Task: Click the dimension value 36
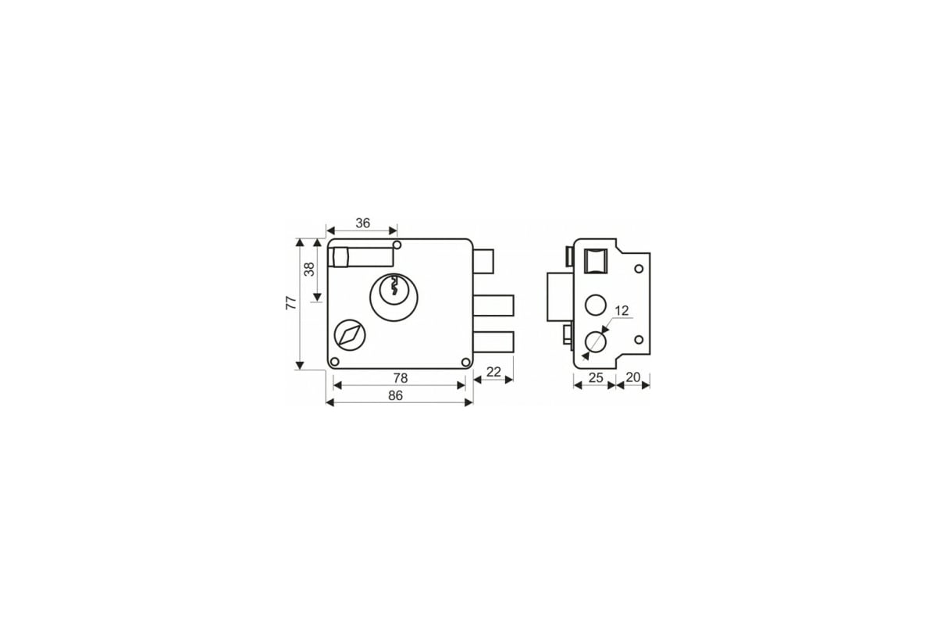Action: pos(362,223)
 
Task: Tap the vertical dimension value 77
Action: pos(290,302)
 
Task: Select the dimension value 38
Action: pos(309,270)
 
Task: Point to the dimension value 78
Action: pos(401,378)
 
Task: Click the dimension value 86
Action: pos(395,395)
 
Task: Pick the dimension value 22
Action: pos(493,372)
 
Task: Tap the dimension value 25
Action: pos(596,377)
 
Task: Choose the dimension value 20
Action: pos(633,377)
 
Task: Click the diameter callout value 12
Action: pos(622,311)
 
